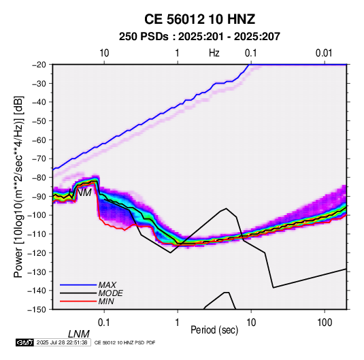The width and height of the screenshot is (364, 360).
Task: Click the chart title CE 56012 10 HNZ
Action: coord(199,19)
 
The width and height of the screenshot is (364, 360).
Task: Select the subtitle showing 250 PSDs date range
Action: coord(199,37)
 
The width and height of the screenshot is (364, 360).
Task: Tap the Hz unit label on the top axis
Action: coord(214,53)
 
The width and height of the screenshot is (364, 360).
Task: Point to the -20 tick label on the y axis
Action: coord(39,65)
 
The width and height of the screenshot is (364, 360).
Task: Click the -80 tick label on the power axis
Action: coord(39,178)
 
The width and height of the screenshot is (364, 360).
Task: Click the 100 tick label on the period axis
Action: coord(325,323)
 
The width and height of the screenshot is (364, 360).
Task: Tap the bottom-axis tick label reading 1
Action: coord(178,323)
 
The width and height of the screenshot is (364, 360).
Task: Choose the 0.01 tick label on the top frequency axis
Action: coord(324,53)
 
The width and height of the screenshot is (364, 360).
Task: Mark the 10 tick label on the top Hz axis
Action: coord(104,53)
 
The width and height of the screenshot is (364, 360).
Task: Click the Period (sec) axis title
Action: coord(214,330)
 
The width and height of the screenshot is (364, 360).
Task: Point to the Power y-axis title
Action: coord(18,186)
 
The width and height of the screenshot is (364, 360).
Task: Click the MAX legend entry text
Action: coord(107,284)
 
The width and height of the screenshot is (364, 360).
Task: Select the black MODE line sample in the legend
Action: coord(78,293)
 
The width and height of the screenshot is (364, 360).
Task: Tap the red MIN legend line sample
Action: coord(78,301)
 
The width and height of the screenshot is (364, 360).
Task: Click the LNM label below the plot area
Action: coord(79,334)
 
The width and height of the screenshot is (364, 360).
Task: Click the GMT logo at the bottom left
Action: coord(24,342)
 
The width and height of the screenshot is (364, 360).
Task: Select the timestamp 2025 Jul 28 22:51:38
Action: coord(62,342)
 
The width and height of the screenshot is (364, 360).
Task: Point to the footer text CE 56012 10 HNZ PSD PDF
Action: coord(125,342)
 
